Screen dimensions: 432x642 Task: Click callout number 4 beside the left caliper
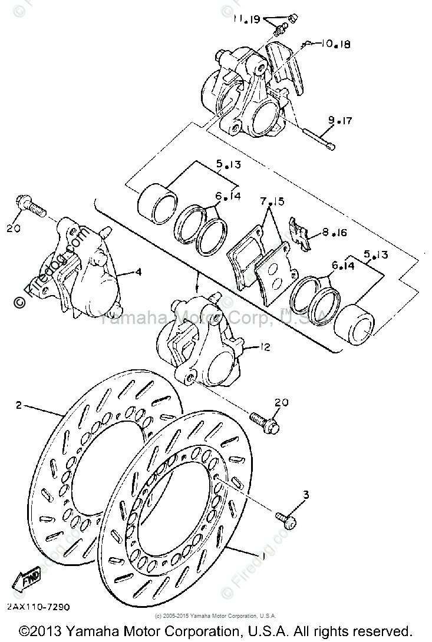coord(138,273)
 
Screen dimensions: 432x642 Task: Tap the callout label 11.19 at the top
coord(246,19)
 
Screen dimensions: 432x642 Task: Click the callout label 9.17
coord(339,121)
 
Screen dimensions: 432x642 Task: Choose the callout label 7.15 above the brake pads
coord(272,202)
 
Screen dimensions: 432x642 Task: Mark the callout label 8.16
coord(334,233)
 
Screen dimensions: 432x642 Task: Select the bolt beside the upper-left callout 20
coord(29,206)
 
